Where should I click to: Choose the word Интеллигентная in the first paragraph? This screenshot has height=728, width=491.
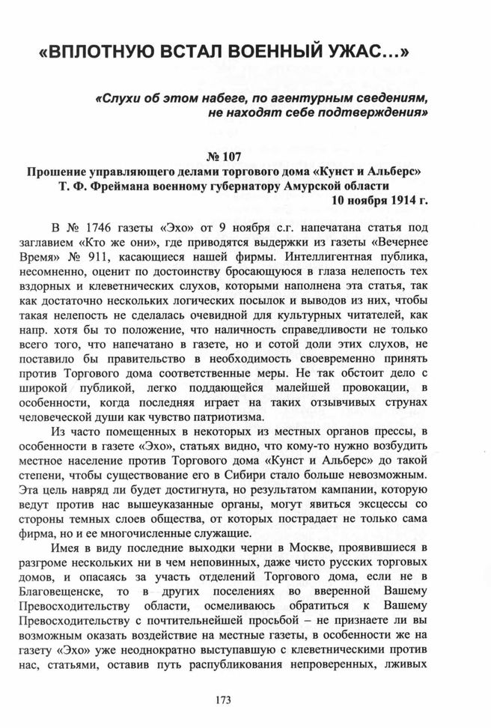click(x=332, y=256)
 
